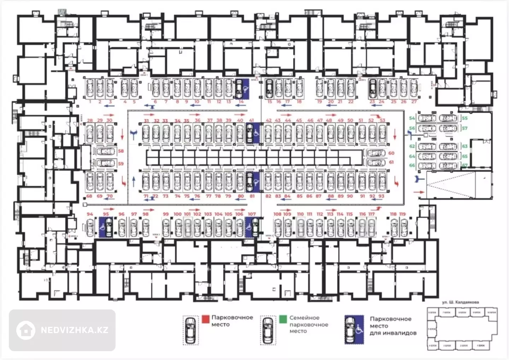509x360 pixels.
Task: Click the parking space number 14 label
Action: (241, 102)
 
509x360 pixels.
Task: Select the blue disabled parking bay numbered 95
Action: (106, 228)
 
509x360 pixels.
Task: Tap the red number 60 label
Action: (391, 153)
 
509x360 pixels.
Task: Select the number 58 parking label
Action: (121, 151)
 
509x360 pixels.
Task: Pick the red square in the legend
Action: (206, 319)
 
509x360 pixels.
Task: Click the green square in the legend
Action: (283, 319)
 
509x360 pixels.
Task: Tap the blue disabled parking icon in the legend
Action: (354, 330)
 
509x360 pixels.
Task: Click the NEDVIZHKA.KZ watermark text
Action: (75, 330)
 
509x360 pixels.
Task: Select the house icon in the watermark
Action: (26, 330)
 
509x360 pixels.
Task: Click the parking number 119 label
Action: (403, 214)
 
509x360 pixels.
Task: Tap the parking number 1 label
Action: (90, 102)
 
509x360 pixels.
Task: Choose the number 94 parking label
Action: (90, 214)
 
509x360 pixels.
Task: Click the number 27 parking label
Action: (414, 102)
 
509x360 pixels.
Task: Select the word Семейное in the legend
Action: (304, 318)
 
